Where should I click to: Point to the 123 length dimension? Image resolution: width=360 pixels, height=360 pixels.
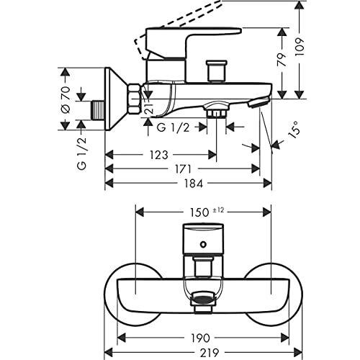(161, 154)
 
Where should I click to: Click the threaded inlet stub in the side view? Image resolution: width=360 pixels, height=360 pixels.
(97, 109)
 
